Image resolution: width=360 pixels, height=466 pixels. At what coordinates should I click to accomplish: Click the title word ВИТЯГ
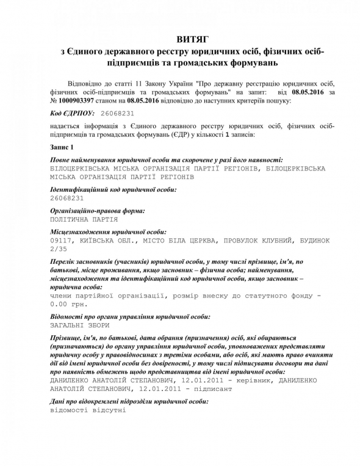point(180,38)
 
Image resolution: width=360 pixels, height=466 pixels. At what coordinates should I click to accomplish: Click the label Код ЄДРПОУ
point(71,113)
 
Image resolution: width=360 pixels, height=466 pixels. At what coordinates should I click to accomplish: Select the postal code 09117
point(60,241)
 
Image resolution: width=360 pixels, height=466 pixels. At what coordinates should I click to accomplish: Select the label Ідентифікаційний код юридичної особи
point(113,189)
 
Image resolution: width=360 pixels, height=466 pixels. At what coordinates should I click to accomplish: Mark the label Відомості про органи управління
point(130,316)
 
